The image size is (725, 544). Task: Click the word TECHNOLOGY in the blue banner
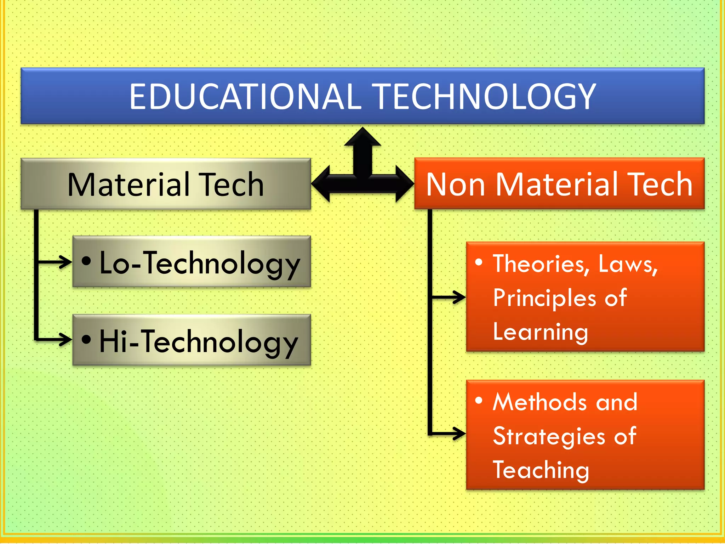click(485, 96)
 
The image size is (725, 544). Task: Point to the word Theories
click(541, 264)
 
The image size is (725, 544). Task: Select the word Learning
click(540, 332)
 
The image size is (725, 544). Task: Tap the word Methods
click(540, 402)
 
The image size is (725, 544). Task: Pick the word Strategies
click(549, 436)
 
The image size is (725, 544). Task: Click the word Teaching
click(541, 470)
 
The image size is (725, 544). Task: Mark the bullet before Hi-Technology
click(86, 339)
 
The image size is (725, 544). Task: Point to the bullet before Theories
click(479, 262)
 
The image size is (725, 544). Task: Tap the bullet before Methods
click(479, 401)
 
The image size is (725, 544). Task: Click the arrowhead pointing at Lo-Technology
click(66, 262)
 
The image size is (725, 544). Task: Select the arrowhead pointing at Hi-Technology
click(66, 339)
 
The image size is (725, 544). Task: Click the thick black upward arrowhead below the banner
click(362, 136)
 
